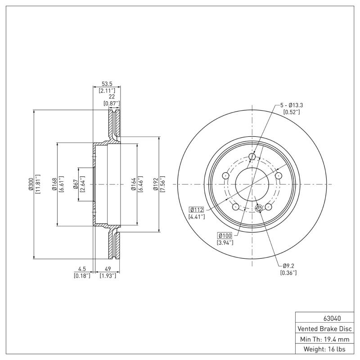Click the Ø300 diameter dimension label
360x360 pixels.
31,184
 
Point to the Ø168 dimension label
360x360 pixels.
54,184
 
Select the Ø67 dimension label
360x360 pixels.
76,184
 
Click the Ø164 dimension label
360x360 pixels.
133,184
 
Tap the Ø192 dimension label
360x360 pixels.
156,184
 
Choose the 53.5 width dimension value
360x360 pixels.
106,83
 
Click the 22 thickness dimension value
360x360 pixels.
112,97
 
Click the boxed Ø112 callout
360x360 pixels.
197,209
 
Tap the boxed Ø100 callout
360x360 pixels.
225,235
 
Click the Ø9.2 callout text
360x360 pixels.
288,266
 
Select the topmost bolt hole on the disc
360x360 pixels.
252,156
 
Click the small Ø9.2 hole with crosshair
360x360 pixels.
258,208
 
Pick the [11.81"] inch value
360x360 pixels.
38,184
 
